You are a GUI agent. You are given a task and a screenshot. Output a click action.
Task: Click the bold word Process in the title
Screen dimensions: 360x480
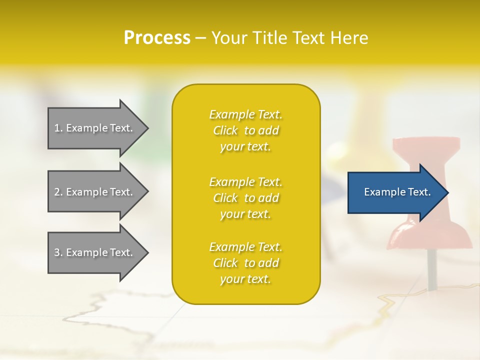157,38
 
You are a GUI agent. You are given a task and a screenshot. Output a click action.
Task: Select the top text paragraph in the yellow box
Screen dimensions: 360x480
245,130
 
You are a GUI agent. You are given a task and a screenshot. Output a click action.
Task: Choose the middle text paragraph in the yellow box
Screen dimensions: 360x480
245,198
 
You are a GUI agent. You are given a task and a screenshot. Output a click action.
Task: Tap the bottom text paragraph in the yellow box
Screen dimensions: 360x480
245,263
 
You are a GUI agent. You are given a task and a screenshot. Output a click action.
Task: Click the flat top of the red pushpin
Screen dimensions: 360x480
426,144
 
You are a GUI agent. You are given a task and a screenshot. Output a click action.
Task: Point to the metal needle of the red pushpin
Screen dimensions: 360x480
431,270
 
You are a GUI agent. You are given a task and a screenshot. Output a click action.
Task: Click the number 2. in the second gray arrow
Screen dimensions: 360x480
58,192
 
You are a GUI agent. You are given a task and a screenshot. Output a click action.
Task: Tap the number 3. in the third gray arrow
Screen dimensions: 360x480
58,252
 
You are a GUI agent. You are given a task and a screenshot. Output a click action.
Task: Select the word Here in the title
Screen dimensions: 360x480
349,38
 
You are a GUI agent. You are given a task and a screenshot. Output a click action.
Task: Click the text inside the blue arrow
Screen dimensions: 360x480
397,192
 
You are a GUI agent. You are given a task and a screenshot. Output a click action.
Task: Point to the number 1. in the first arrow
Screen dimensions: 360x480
58,128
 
